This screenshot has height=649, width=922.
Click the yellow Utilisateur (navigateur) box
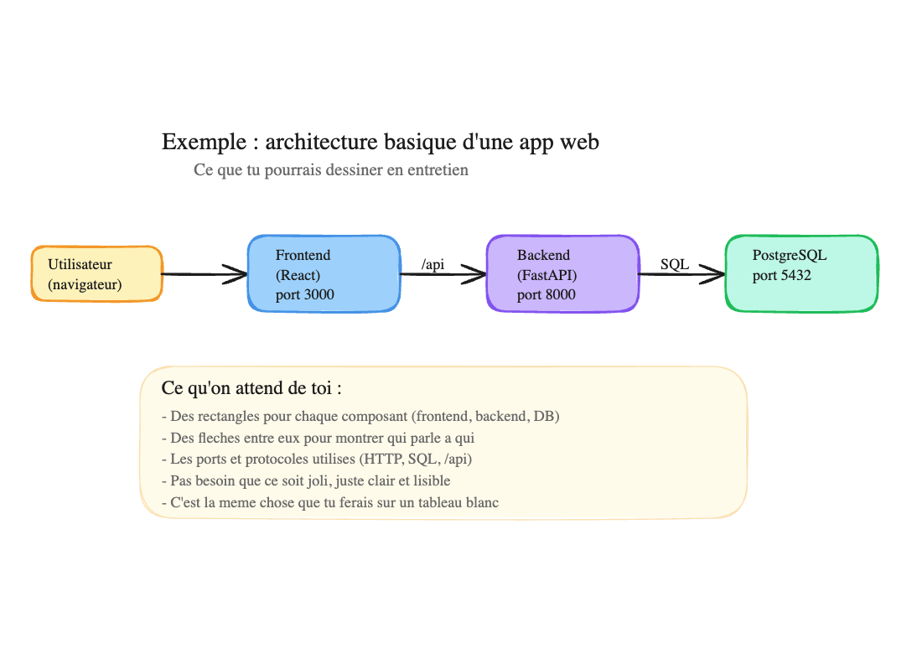[96, 273]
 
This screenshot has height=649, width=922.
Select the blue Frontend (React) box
[324, 273]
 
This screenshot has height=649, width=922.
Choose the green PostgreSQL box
[801, 273]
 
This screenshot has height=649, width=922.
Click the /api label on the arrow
[433, 265]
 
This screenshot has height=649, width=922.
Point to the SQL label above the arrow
[675, 264]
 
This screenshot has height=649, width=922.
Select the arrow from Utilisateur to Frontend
[201, 273]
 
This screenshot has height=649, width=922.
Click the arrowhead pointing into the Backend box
[476, 273]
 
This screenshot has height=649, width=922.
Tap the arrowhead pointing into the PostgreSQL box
[714, 273]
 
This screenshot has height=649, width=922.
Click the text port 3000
[303, 295]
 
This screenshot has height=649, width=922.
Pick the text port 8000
[546, 295]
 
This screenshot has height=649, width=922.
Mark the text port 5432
[782, 275]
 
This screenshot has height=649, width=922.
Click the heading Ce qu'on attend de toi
[251, 389]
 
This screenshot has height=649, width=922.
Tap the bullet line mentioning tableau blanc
[330, 502]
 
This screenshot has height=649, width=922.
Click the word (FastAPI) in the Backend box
[547, 275]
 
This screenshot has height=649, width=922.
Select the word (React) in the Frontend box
[298, 275]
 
